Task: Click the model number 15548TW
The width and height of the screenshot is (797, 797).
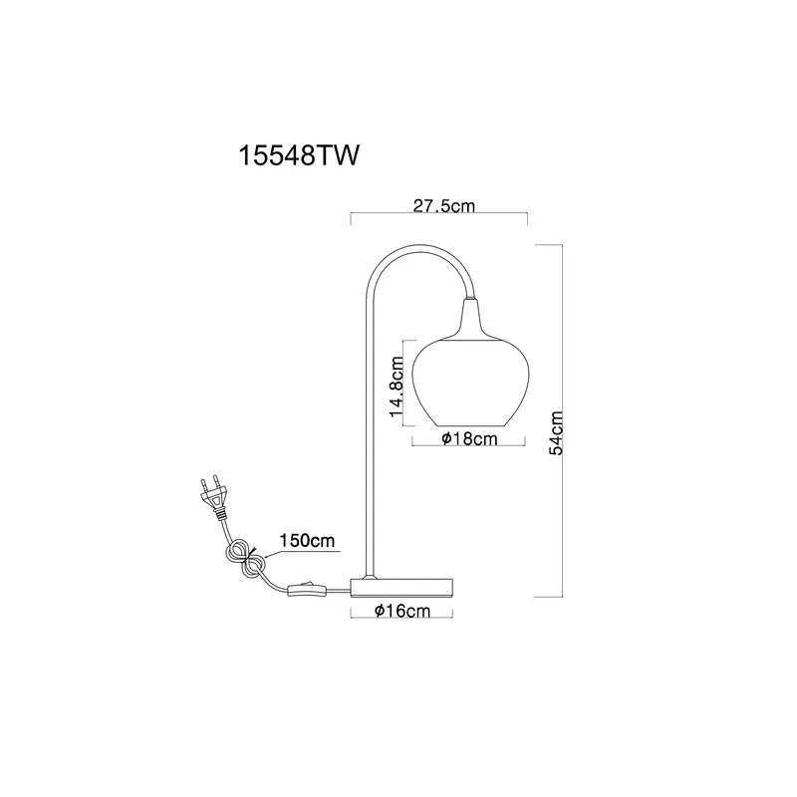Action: (x=299, y=155)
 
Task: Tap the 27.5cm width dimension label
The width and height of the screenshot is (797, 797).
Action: (x=443, y=206)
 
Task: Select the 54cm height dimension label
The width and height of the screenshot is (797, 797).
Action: (x=557, y=433)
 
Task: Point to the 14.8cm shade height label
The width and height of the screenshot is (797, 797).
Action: (x=397, y=387)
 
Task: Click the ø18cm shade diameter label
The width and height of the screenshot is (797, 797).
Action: (x=469, y=438)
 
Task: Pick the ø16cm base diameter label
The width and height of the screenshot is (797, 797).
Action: (x=402, y=611)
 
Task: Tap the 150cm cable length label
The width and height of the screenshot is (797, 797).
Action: (x=307, y=540)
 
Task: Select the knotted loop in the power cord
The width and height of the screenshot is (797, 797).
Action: (x=246, y=559)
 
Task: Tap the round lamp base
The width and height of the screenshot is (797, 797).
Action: (x=401, y=587)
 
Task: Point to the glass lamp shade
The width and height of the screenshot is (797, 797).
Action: (x=470, y=383)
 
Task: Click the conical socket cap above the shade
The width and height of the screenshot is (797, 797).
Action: (x=470, y=319)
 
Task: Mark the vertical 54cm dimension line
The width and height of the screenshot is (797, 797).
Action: (x=562, y=420)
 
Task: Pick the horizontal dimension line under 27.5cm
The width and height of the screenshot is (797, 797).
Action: (x=439, y=214)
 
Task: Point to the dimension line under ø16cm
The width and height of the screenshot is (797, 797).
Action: (x=401, y=618)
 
